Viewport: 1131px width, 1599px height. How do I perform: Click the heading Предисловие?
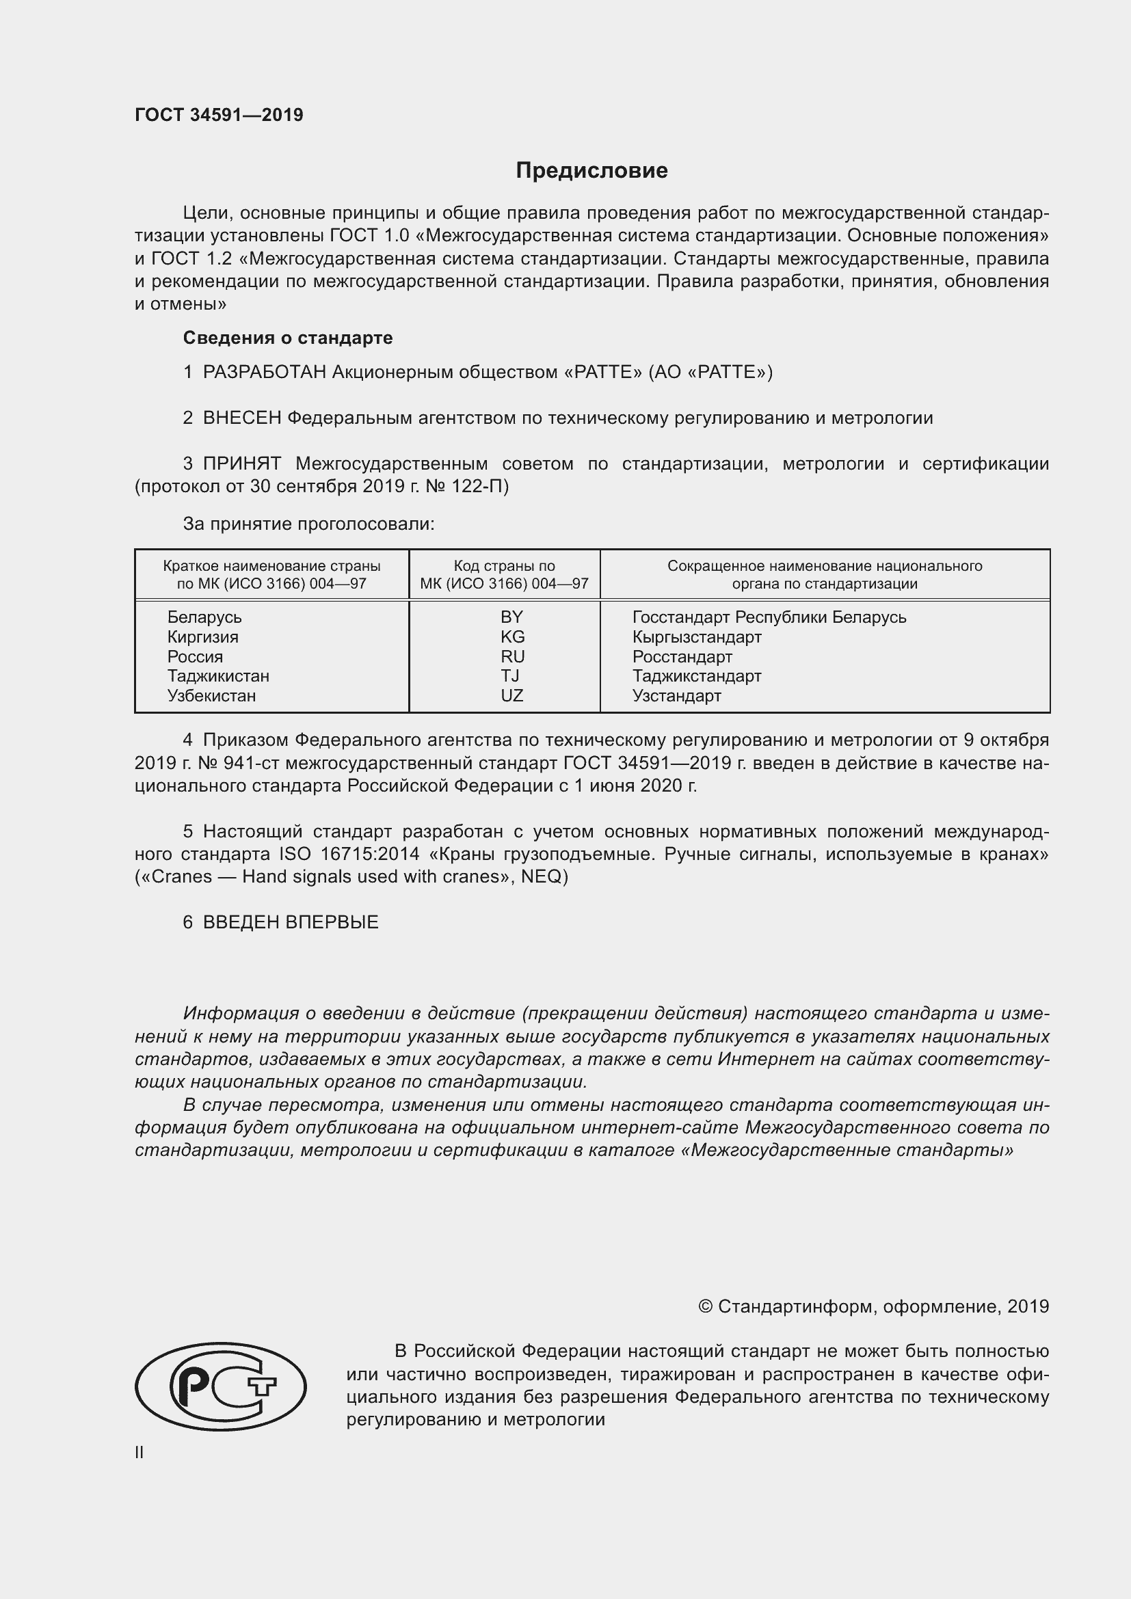tap(591, 171)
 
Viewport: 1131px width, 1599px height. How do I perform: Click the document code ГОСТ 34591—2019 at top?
tap(219, 115)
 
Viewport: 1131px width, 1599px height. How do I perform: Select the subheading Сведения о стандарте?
tap(288, 338)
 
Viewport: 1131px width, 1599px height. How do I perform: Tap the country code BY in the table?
tap(511, 617)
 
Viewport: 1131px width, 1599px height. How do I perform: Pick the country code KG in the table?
tap(512, 636)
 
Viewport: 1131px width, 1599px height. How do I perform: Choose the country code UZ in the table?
tap(512, 696)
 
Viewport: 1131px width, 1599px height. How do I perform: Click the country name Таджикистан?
tap(218, 675)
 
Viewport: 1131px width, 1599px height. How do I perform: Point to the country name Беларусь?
tap(204, 617)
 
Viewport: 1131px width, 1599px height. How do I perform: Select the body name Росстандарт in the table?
tap(682, 657)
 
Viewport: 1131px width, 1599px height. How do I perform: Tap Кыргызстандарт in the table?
tap(696, 636)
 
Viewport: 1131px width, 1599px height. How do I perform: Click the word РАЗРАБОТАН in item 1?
tap(264, 372)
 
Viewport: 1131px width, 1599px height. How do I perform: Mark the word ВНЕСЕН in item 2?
tap(241, 418)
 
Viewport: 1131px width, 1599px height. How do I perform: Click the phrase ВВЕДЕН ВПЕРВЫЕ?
tap(291, 922)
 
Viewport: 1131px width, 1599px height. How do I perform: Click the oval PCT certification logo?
tap(220, 1386)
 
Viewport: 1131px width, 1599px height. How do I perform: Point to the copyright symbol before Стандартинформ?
tap(705, 1306)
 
